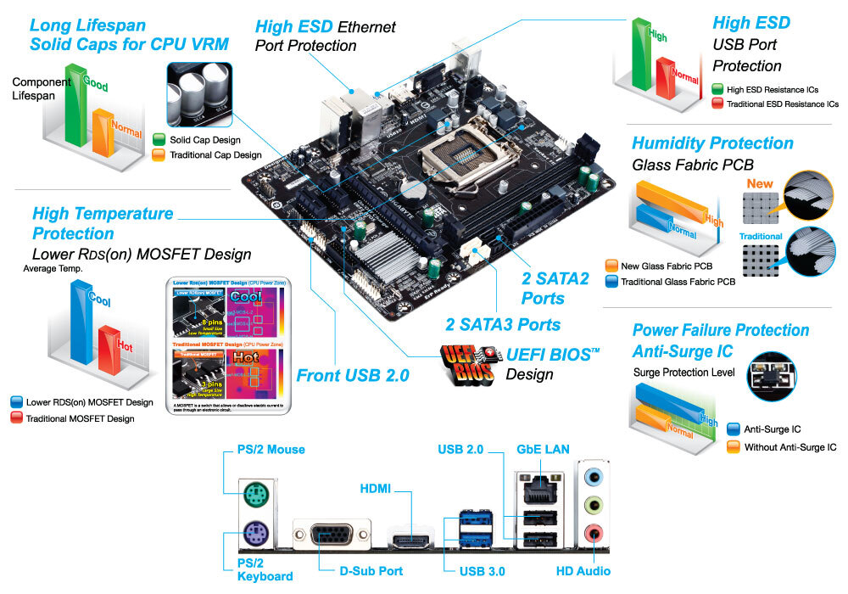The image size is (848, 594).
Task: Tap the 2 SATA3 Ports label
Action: coord(503,324)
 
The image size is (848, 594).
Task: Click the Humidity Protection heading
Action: coord(712,143)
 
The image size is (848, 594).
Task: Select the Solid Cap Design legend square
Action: coord(159,139)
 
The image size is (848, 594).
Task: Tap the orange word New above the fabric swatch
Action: coord(760,183)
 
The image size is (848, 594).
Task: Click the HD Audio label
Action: coord(583,571)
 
